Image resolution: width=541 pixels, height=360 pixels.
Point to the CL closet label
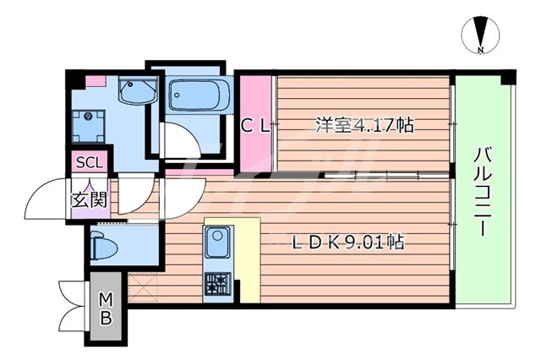pos(255,127)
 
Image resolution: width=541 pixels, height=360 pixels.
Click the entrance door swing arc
pos(42,199)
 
